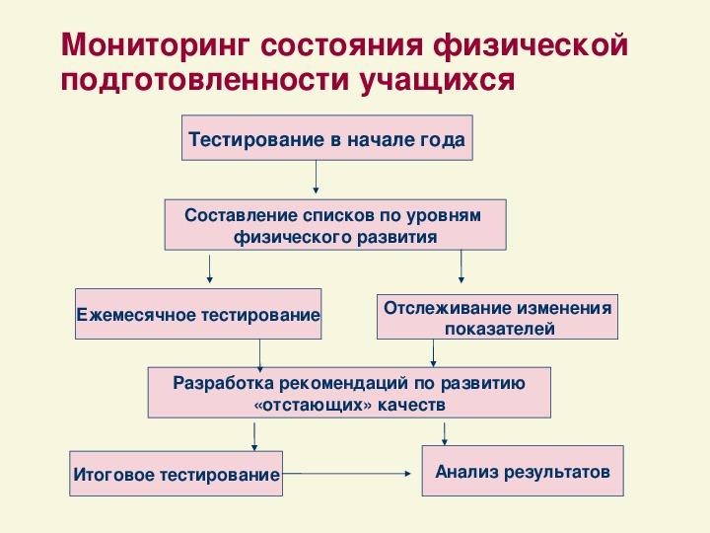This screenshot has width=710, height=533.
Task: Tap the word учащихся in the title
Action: point(438,81)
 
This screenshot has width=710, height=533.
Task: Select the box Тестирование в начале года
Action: point(327,138)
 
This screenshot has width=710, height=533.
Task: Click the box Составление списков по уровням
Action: point(335,225)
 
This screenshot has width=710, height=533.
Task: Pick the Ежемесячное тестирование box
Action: point(198,314)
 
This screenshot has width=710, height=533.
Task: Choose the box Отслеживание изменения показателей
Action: point(497,317)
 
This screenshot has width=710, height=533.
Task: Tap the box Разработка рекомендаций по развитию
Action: point(349,393)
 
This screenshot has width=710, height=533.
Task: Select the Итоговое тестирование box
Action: point(177,473)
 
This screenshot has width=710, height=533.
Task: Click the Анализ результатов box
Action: point(523,471)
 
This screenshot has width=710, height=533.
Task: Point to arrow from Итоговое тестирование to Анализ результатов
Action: point(346,474)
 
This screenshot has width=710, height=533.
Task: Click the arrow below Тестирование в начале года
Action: point(316,178)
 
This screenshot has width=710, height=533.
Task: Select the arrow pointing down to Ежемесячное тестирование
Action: point(209,269)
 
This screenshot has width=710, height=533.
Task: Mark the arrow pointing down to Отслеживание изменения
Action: point(461,266)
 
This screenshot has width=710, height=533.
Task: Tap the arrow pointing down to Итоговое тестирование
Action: point(254,437)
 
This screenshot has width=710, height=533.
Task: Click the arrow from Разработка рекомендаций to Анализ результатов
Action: point(444,434)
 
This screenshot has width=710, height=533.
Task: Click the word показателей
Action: point(499,329)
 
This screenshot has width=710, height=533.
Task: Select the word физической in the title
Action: point(531,45)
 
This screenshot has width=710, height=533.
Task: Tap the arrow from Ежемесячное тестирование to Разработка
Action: point(259,355)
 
